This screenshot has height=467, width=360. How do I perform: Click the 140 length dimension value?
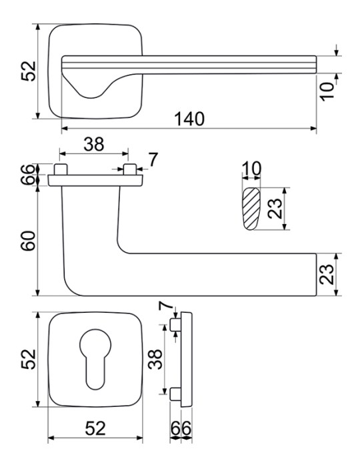[189, 119]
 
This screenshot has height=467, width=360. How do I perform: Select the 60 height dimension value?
[29, 241]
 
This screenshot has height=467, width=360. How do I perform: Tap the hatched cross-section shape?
[251, 209]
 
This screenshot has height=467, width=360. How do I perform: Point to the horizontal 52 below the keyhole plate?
[95, 428]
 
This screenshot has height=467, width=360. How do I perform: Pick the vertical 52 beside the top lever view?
[29, 71]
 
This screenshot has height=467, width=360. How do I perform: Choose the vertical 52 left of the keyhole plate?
[29, 359]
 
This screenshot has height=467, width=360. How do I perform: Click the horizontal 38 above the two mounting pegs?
[94, 144]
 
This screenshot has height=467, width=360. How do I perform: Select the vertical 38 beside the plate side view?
[155, 359]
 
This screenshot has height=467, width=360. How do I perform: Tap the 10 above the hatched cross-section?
[251, 169]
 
